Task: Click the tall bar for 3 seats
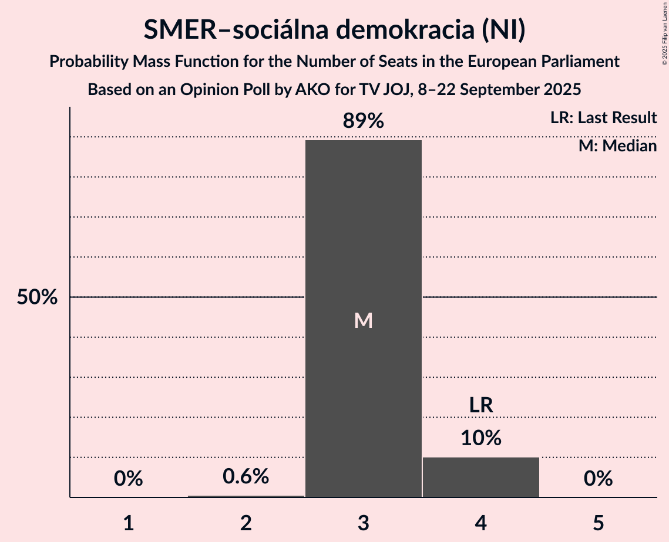pyautogui.click(x=363, y=235)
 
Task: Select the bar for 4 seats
pyautogui.click(x=480, y=477)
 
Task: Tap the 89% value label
pyautogui.click(x=363, y=121)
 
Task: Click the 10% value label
pyautogui.click(x=480, y=438)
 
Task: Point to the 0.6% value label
pyautogui.click(x=246, y=476)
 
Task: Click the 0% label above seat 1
pyautogui.click(x=129, y=479)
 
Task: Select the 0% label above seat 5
pyautogui.click(x=598, y=479)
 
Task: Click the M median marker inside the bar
pyautogui.click(x=363, y=320)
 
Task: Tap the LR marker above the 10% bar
pyautogui.click(x=480, y=405)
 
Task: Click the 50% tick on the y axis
pyautogui.click(x=37, y=297)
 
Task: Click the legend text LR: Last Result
pyautogui.click(x=603, y=118)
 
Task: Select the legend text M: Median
pyautogui.click(x=617, y=145)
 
